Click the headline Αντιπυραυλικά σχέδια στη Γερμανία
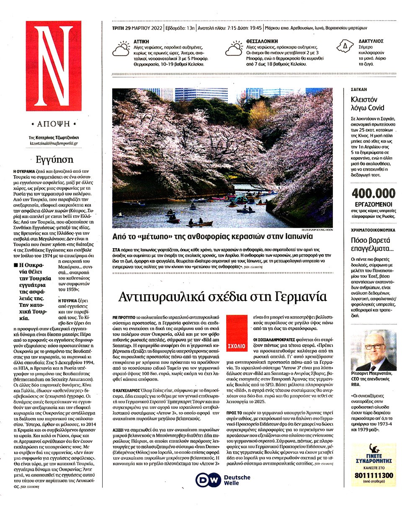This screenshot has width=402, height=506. click(222, 296)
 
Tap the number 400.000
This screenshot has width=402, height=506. click(374, 194)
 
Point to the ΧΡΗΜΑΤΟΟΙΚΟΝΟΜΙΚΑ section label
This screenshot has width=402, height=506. click(373, 230)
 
